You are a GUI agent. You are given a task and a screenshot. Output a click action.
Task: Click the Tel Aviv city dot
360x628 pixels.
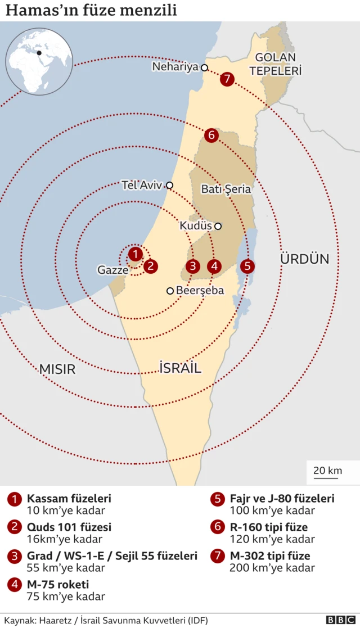point(169,185)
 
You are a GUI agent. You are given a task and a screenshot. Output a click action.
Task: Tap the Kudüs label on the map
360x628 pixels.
point(195,226)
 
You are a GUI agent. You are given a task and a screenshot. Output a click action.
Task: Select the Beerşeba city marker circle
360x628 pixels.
point(170,291)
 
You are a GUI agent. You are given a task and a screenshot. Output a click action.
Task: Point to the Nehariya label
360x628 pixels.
point(175,67)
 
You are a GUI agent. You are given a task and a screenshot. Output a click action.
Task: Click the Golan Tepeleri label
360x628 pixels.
point(276,64)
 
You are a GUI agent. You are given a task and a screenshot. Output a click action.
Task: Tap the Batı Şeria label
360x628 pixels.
point(226,189)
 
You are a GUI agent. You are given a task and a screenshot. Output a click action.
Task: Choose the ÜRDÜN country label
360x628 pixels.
point(304,259)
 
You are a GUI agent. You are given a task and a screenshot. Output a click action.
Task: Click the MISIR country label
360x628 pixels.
point(57,369)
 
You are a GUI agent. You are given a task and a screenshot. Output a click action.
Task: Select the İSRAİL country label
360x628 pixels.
point(181,368)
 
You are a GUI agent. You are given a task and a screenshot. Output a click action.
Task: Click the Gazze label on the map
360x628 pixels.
point(112,270)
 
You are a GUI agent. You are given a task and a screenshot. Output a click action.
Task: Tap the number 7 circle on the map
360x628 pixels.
point(227,79)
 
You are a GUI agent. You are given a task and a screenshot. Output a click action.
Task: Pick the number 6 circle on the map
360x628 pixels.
point(211,135)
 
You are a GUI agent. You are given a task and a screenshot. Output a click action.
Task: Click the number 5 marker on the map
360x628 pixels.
point(247,266)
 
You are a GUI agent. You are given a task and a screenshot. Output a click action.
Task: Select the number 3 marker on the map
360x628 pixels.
point(193,266)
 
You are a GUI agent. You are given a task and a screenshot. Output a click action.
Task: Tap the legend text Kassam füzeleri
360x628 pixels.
point(69,498)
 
